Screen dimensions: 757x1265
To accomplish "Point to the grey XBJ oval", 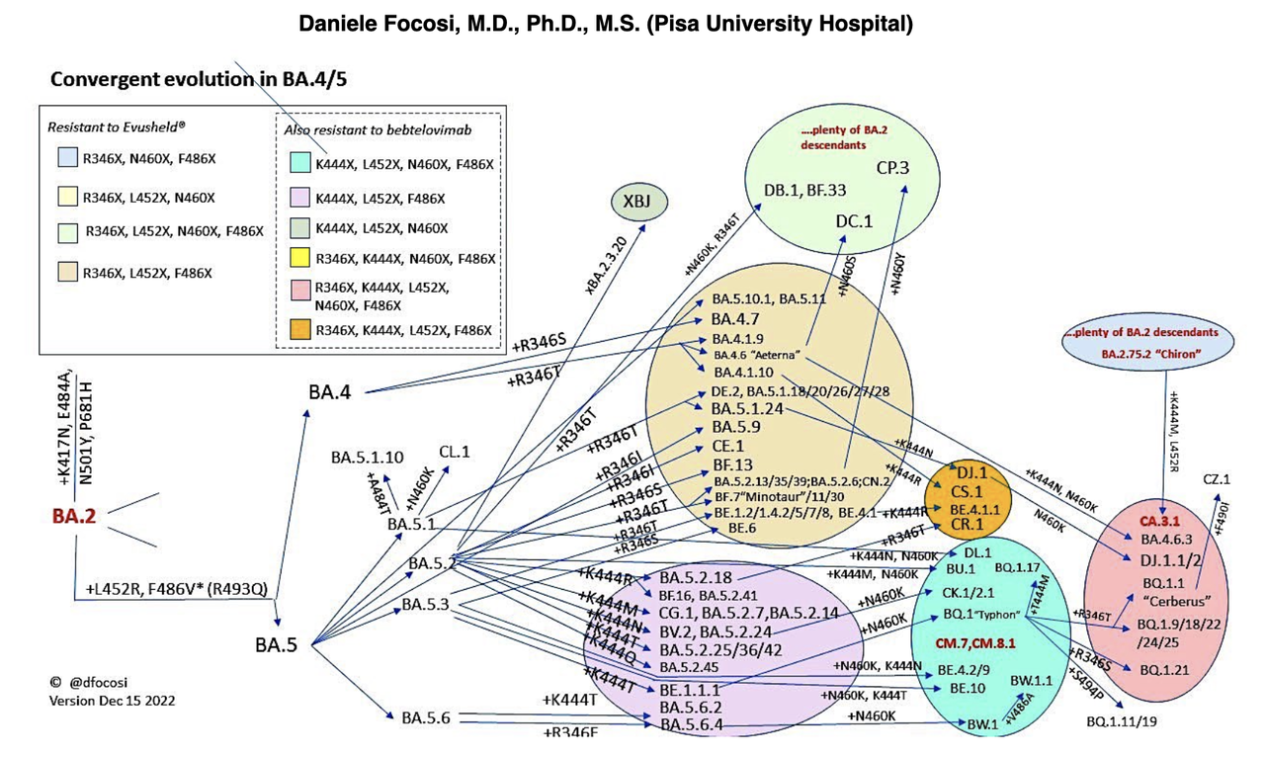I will (639, 204).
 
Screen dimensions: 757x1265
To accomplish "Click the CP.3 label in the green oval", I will (893, 168).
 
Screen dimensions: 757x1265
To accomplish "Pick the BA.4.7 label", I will (734, 319).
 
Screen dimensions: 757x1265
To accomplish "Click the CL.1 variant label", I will (455, 452).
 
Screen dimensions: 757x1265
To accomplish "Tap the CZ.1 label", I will (1217, 479).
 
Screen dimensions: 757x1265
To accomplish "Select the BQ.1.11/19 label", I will (1120, 720).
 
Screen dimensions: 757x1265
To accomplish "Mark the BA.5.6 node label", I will (426, 717).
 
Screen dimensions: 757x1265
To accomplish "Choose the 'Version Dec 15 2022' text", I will (113, 700).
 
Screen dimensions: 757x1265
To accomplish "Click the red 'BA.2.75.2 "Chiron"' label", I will (1138, 351).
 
